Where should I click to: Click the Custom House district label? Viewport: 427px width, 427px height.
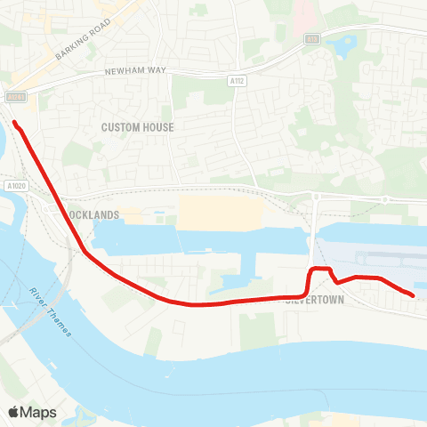(x=137, y=127)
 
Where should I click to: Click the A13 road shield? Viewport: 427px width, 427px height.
(x=311, y=39)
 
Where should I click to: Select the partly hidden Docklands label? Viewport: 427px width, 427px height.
(x=94, y=215)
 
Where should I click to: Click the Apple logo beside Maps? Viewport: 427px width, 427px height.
(x=15, y=412)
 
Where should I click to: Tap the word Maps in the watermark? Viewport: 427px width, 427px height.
(x=39, y=412)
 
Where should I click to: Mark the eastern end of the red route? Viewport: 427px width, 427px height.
(x=413, y=294)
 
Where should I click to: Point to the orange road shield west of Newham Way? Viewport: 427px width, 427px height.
(x=15, y=97)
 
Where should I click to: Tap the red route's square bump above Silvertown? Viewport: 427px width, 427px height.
(x=320, y=269)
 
